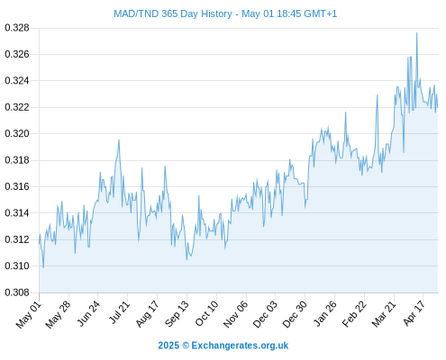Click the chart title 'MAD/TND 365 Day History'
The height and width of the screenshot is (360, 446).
point(173,13)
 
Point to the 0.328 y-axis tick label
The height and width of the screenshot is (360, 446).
point(17,28)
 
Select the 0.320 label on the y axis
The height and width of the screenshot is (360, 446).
point(17,133)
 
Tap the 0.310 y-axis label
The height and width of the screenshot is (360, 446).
point(17,265)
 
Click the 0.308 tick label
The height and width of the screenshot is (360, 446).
point(17,292)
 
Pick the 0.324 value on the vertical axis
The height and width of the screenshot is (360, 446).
point(17,81)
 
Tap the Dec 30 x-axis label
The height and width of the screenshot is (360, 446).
point(295,314)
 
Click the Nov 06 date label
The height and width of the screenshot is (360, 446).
point(236,314)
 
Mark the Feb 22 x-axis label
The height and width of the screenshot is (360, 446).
point(354,314)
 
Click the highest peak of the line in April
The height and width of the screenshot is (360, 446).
point(416,32)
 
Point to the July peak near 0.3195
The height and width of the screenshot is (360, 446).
point(119,139)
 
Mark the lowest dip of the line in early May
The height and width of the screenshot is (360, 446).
point(43,267)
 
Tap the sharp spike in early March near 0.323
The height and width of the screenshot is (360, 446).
point(378,94)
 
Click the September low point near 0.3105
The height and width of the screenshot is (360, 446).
point(187,260)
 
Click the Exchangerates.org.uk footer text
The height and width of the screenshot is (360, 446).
point(240,346)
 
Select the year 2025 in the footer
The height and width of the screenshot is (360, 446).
point(168,346)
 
